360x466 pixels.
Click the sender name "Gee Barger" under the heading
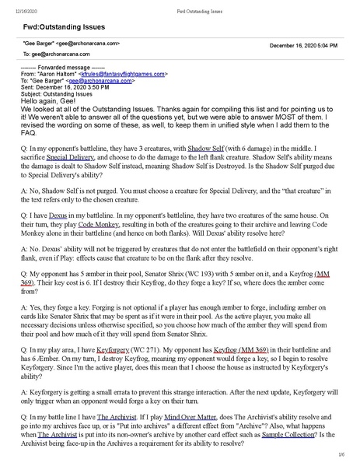pos(39,45)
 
